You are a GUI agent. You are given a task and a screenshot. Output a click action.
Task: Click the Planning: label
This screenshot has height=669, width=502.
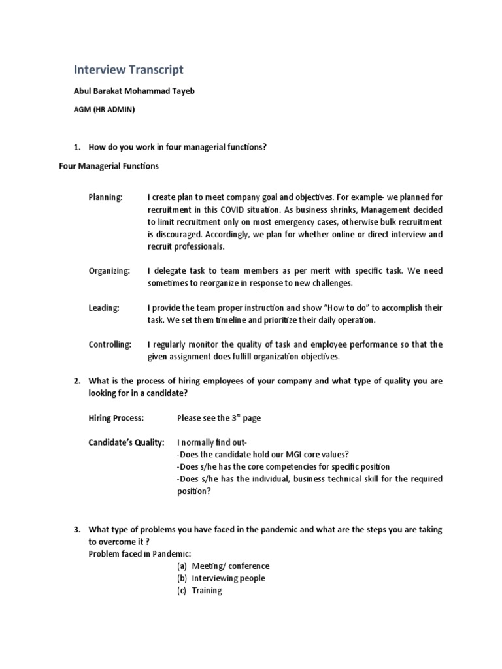105,197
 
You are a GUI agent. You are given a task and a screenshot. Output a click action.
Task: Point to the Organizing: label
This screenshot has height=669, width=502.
109,270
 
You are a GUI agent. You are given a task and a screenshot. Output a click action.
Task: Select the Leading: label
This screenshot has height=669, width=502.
104,308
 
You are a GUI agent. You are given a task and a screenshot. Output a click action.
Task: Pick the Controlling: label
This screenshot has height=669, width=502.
110,344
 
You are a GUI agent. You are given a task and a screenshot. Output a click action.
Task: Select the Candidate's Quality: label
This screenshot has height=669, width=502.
126,442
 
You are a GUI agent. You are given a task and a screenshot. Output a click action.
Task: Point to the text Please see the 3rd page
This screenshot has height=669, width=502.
219,417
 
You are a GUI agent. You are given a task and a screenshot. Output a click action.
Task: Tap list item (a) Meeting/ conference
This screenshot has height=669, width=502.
223,566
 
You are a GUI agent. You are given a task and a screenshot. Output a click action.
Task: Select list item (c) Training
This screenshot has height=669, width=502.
199,591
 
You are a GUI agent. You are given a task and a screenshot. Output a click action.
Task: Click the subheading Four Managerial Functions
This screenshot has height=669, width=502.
109,166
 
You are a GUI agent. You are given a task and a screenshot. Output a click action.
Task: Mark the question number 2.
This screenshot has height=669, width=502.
76,381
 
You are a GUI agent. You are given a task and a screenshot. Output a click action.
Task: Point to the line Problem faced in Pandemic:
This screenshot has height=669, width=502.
135,554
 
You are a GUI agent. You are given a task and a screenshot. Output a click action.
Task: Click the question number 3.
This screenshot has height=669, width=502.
76,529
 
